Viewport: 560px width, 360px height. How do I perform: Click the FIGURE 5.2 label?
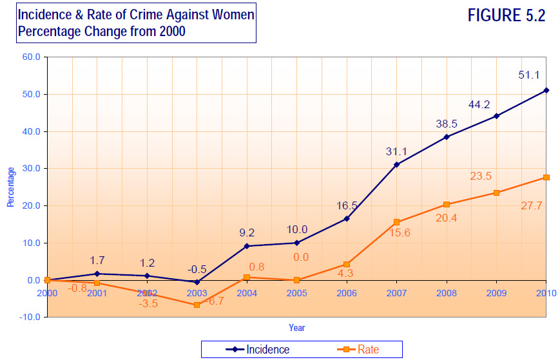pos(506,16)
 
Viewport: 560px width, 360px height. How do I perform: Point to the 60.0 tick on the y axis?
pos(32,57)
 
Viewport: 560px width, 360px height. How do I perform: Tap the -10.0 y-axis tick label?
pos(30,317)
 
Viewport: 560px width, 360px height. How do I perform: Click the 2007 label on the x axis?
pos(396,294)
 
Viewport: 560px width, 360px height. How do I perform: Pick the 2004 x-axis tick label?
pos(246,294)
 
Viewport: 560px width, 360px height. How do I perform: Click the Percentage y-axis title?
pos(11,187)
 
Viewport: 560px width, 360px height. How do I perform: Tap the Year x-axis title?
pos(296,328)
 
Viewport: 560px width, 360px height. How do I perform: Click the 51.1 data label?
pos(528,75)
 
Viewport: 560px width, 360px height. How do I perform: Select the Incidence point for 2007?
pos(396,164)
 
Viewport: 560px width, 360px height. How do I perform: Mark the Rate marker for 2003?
pos(197,305)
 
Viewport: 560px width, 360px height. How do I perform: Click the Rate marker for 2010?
pos(546,177)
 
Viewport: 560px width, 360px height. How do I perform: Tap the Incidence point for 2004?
pos(247,246)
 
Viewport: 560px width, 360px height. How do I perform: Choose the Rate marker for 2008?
pos(446,204)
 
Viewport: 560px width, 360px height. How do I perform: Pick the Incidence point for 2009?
pos(496,116)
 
